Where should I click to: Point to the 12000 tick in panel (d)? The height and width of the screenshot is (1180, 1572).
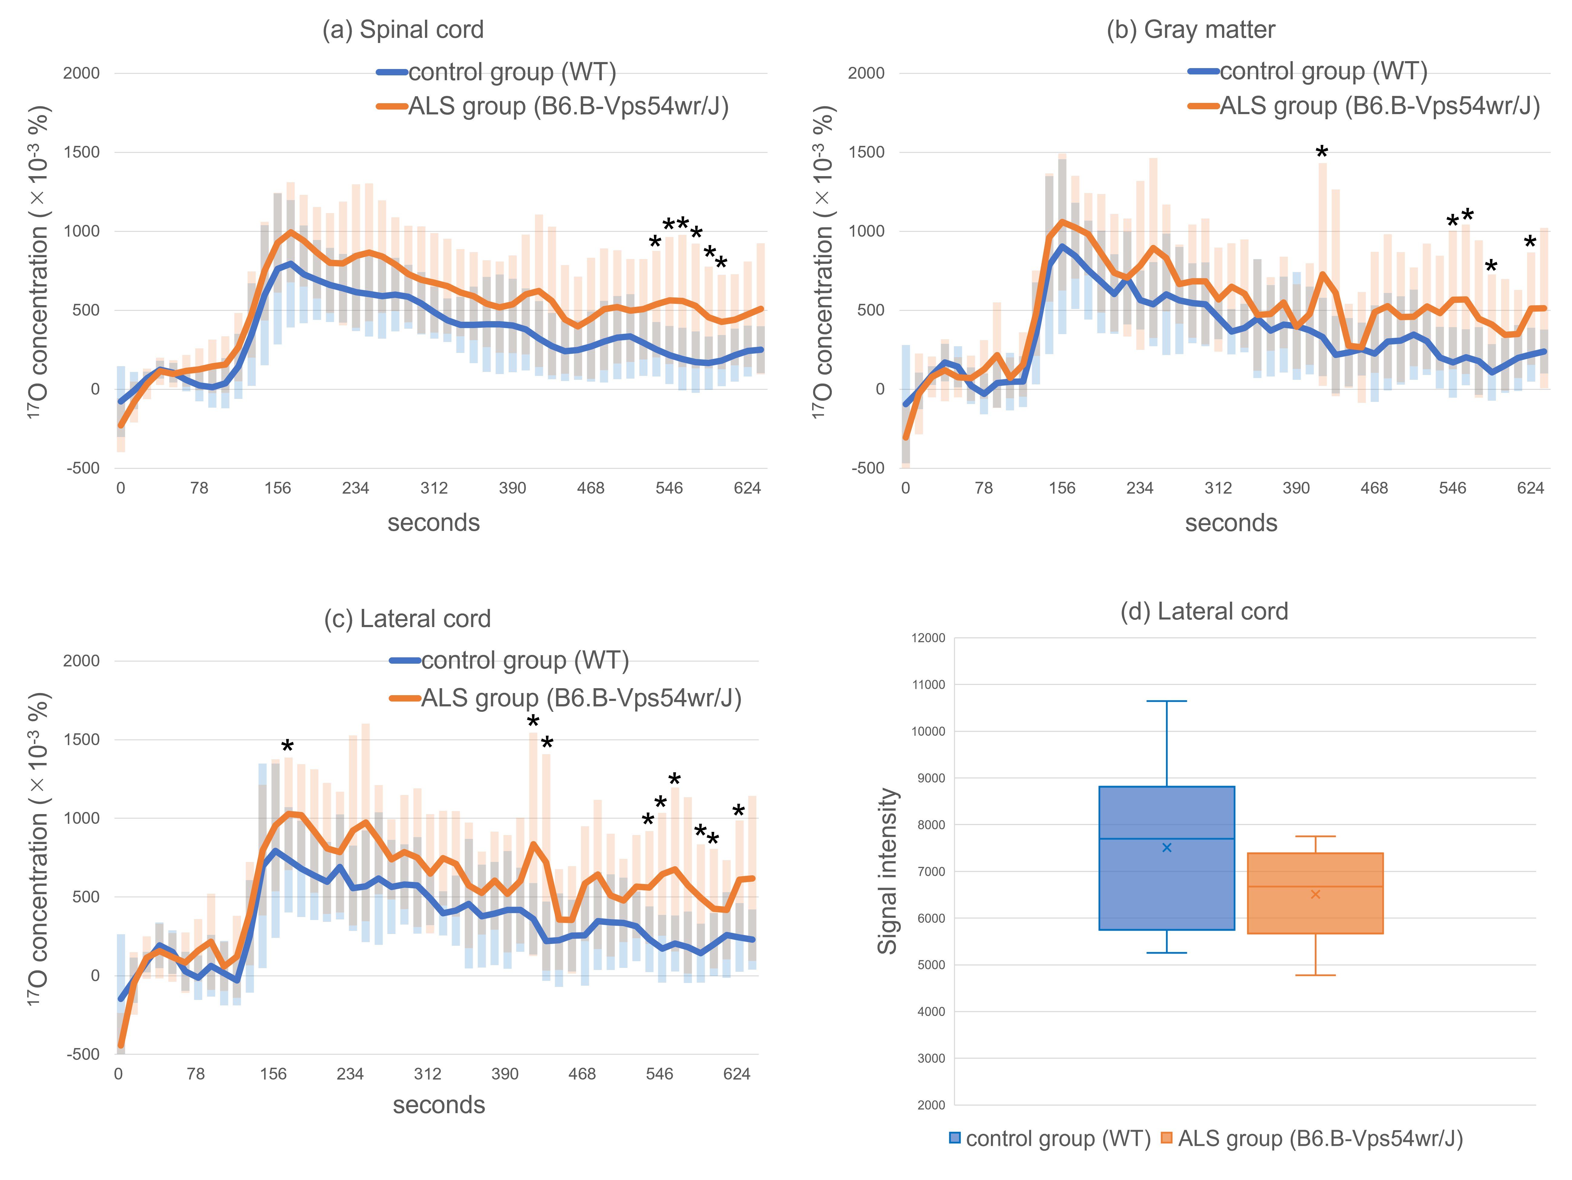tap(928, 638)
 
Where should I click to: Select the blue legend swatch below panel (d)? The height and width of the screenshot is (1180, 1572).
tap(955, 1138)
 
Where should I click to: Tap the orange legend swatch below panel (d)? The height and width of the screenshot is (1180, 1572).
tap(1166, 1138)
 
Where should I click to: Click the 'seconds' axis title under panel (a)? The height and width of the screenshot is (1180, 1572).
tap(433, 523)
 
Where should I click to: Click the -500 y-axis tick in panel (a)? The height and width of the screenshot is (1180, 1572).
tap(83, 468)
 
